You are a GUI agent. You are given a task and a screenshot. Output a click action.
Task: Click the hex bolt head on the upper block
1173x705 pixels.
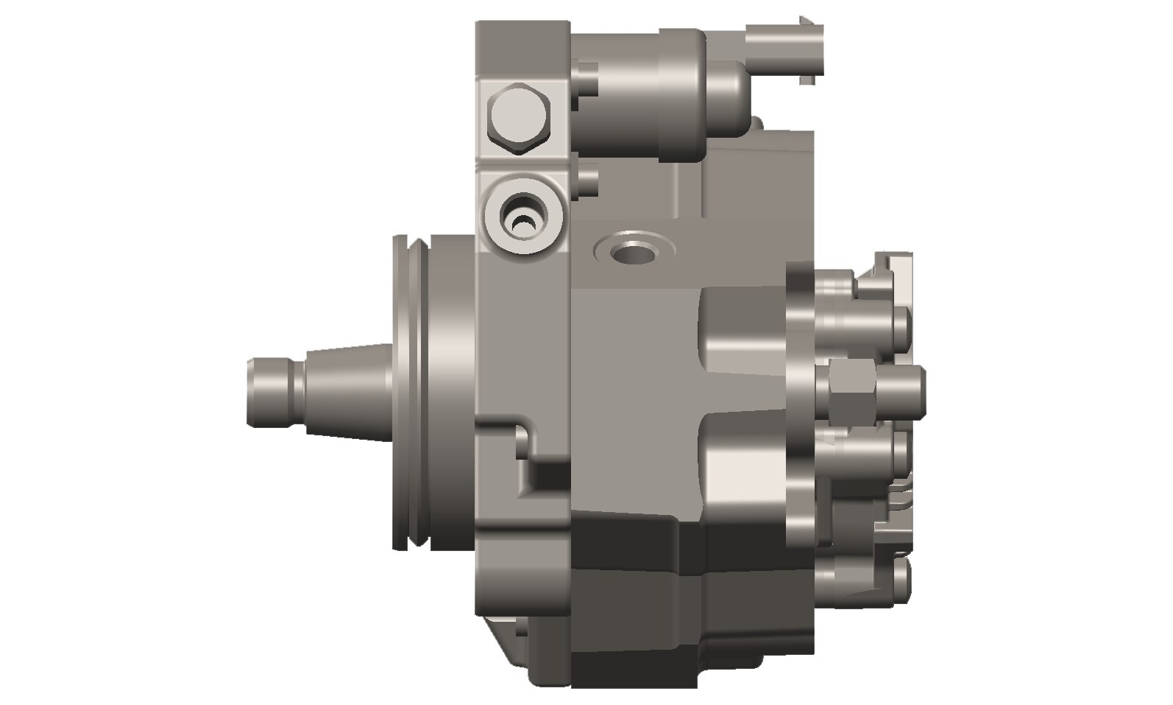point(518,118)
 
